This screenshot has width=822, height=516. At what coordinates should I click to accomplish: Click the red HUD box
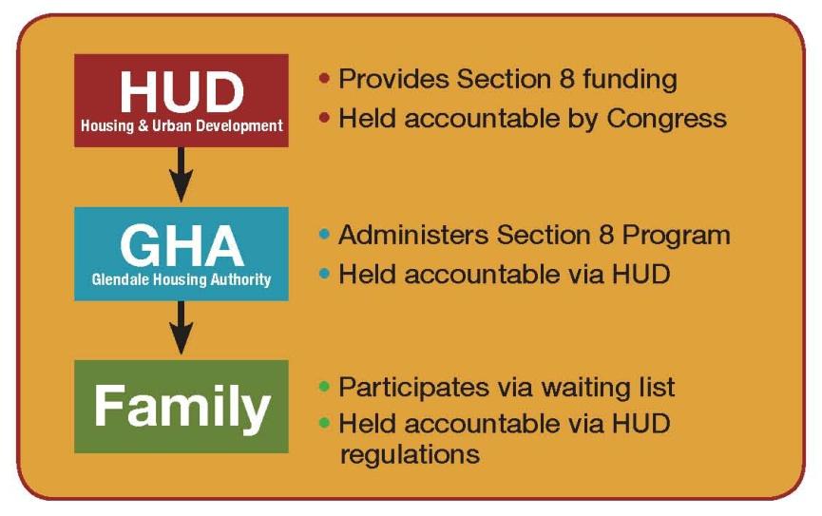click(182, 100)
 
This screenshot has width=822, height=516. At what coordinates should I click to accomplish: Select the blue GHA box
click(182, 254)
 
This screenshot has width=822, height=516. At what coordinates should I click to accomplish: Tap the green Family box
click(182, 407)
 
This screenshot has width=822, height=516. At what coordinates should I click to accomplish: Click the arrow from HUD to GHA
click(182, 175)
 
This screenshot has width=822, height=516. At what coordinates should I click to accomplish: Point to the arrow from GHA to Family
click(182, 328)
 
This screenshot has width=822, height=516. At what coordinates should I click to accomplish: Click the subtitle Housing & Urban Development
click(182, 125)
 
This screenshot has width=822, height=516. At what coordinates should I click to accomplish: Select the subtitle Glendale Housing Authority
click(182, 279)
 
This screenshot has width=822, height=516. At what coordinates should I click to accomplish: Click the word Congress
click(666, 120)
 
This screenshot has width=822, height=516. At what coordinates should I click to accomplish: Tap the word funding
click(630, 80)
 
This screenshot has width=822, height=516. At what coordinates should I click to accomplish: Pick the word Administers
click(413, 235)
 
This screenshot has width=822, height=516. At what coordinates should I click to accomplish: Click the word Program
click(676, 236)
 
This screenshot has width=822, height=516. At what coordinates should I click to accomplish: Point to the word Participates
click(413, 388)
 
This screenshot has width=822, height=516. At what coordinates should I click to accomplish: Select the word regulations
click(410, 455)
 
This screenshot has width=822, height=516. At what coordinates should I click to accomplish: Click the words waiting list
click(607, 388)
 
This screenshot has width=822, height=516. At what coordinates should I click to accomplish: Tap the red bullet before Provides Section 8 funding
click(324, 79)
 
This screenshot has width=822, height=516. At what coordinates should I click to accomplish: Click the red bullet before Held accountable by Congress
click(324, 118)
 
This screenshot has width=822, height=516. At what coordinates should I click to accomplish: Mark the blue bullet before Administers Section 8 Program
click(324, 235)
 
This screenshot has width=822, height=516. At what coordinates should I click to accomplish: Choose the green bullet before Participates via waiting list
click(324, 388)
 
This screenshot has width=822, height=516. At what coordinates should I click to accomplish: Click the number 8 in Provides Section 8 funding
click(566, 79)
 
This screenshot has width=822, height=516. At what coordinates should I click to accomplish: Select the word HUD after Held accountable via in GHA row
click(640, 275)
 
